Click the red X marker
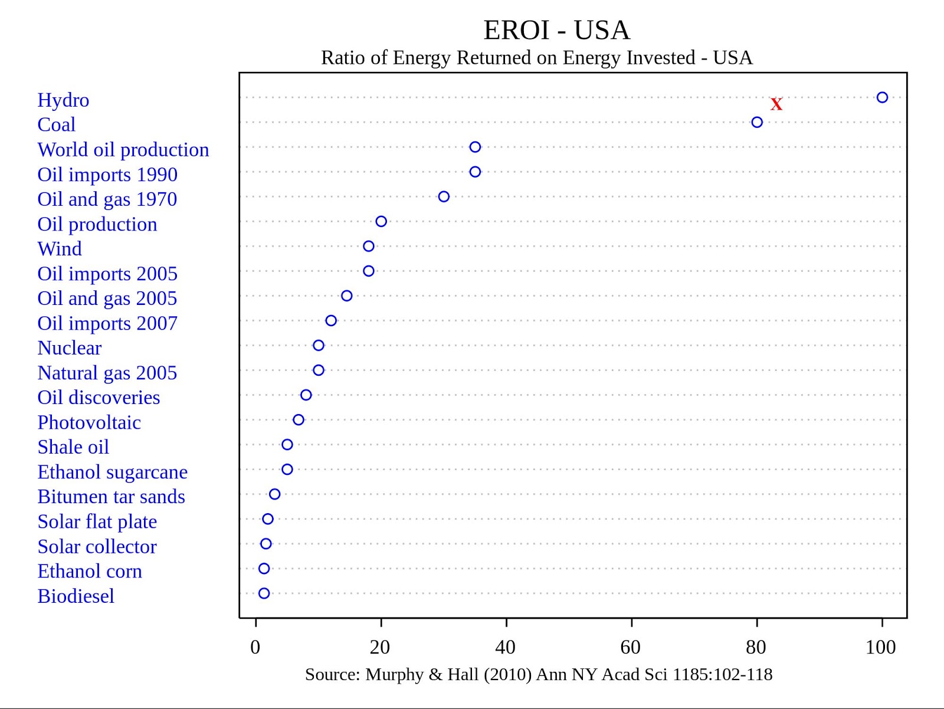pyautogui.click(x=776, y=104)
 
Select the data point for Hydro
pyautogui.click(x=882, y=97)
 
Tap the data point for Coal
pyautogui.click(x=757, y=122)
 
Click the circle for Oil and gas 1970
pyautogui.click(x=444, y=196)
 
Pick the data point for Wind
pyautogui.click(x=369, y=246)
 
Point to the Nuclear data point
pyautogui.click(x=319, y=345)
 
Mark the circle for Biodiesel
pyautogui.click(x=264, y=593)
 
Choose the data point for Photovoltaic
pyautogui.click(x=299, y=420)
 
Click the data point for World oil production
pyautogui.click(x=475, y=147)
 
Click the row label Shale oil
pyautogui.click(x=73, y=447)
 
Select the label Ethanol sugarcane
pyautogui.click(x=112, y=472)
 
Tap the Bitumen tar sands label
pyautogui.click(x=111, y=497)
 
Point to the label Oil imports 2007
pyautogui.click(x=107, y=323)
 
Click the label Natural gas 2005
pyautogui.click(x=107, y=373)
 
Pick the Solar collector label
pyautogui.click(x=97, y=547)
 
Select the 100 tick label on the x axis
pyautogui.click(x=881, y=647)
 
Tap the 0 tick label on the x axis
pyautogui.click(x=255, y=647)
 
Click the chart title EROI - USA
pyautogui.click(x=556, y=30)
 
